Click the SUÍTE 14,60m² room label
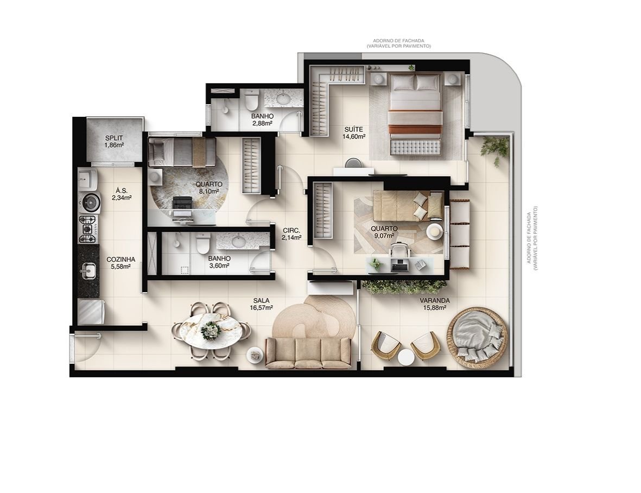click(353, 133)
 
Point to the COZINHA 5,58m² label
click(120, 263)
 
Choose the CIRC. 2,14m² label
click(291, 233)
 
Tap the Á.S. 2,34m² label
click(122, 194)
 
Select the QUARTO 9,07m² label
click(384, 232)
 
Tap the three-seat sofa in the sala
click(308, 352)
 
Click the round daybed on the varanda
click(477, 338)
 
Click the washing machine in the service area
click(90, 203)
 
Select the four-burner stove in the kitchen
click(88, 229)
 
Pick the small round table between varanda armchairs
click(406, 357)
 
